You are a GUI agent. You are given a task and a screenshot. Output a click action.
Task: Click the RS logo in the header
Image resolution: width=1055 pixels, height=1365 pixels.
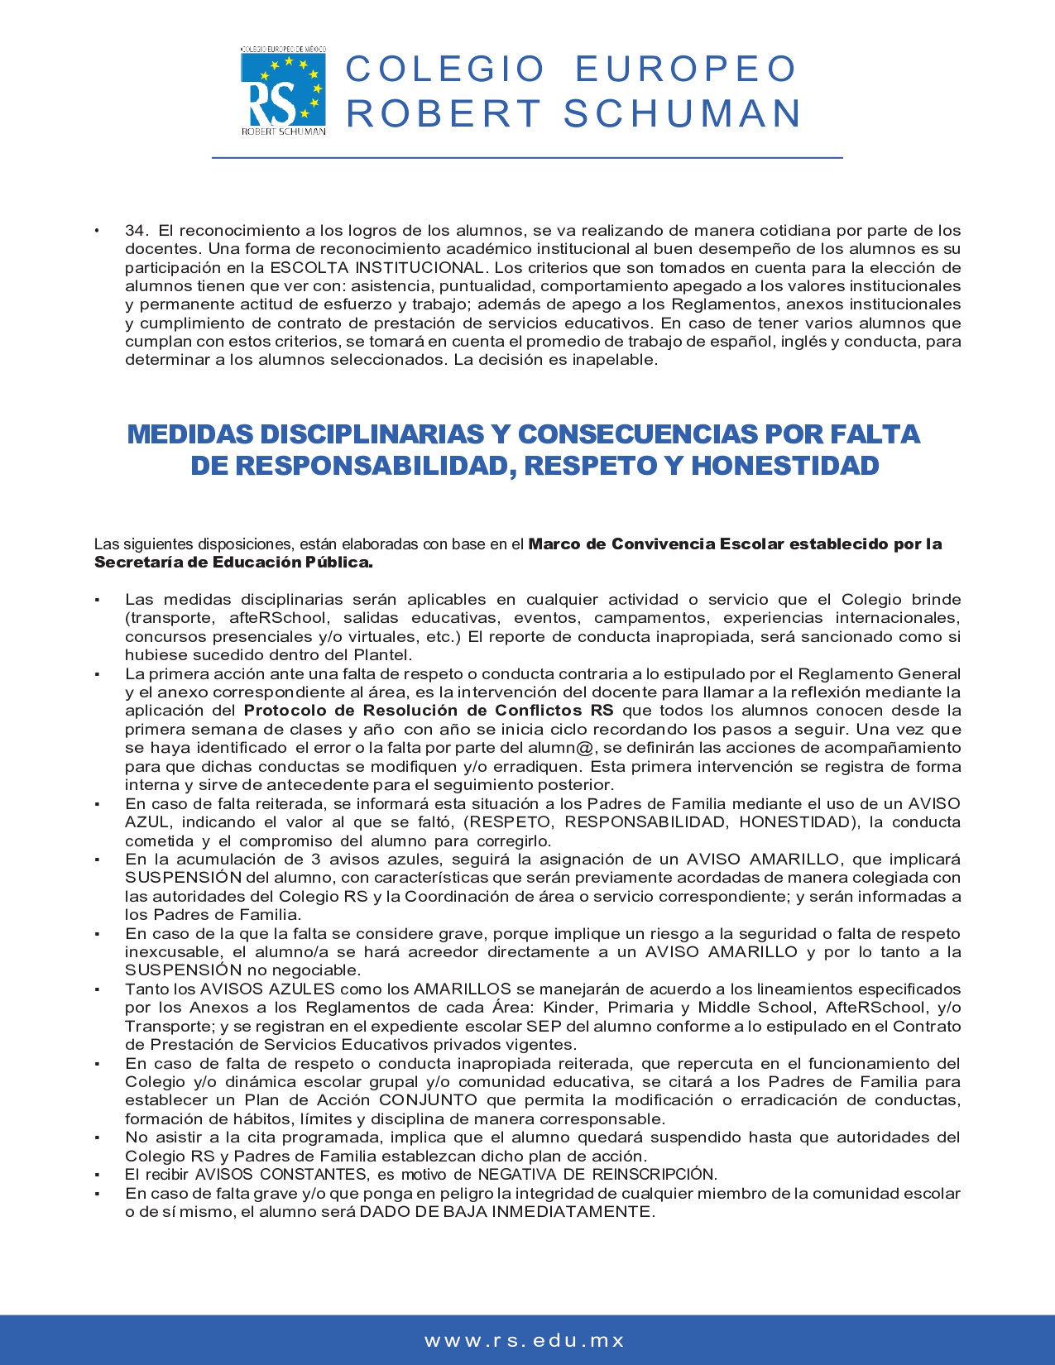[283, 91]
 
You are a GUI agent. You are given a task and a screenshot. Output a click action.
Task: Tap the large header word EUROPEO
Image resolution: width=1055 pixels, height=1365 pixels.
[685, 69]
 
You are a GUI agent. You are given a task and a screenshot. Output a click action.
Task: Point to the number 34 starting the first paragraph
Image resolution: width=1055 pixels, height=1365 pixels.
[136, 231]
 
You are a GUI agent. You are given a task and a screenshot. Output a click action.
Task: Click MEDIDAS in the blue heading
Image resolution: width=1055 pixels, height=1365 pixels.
[192, 434]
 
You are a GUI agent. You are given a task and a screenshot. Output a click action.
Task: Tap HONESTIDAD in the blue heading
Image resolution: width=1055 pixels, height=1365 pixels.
[784, 466]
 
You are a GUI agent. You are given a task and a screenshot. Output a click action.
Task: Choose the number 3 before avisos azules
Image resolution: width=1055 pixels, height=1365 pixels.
[315, 860]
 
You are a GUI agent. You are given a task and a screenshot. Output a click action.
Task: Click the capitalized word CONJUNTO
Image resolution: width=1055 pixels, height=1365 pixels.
[428, 1100]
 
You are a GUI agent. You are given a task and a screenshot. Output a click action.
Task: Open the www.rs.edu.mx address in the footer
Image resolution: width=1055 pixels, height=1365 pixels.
[525, 1341]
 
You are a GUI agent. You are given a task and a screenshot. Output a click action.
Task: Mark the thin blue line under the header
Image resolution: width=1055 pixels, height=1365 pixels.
[527, 157]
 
